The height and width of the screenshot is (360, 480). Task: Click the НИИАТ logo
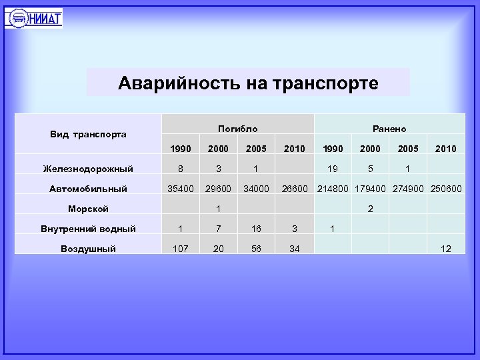click(x=33, y=17)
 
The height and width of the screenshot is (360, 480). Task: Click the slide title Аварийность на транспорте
click(x=248, y=83)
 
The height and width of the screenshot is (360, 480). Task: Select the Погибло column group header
click(x=237, y=129)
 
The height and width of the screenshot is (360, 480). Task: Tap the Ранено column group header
click(x=389, y=129)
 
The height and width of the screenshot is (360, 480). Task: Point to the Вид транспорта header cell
click(x=89, y=134)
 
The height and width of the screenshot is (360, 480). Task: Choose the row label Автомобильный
click(x=88, y=189)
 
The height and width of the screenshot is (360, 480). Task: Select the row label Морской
click(x=88, y=209)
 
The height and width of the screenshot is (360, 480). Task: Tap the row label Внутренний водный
click(x=88, y=229)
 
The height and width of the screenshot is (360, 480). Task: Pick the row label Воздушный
click(x=88, y=249)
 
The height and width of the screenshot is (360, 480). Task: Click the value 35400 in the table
click(x=180, y=189)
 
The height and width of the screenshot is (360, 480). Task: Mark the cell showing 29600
click(x=218, y=189)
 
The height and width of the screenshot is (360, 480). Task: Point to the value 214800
click(x=332, y=189)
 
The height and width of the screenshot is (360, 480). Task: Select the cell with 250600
click(x=446, y=189)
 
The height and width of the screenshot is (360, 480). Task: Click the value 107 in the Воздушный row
click(x=180, y=249)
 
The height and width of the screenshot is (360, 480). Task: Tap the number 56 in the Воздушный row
click(x=256, y=249)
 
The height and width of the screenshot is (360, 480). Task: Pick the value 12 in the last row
click(x=446, y=249)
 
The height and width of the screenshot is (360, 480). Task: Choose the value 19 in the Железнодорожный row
click(x=332, y=169)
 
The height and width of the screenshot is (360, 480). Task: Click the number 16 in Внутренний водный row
click(x=256, y=229)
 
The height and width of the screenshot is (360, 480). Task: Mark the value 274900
click(x=408, y=189)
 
